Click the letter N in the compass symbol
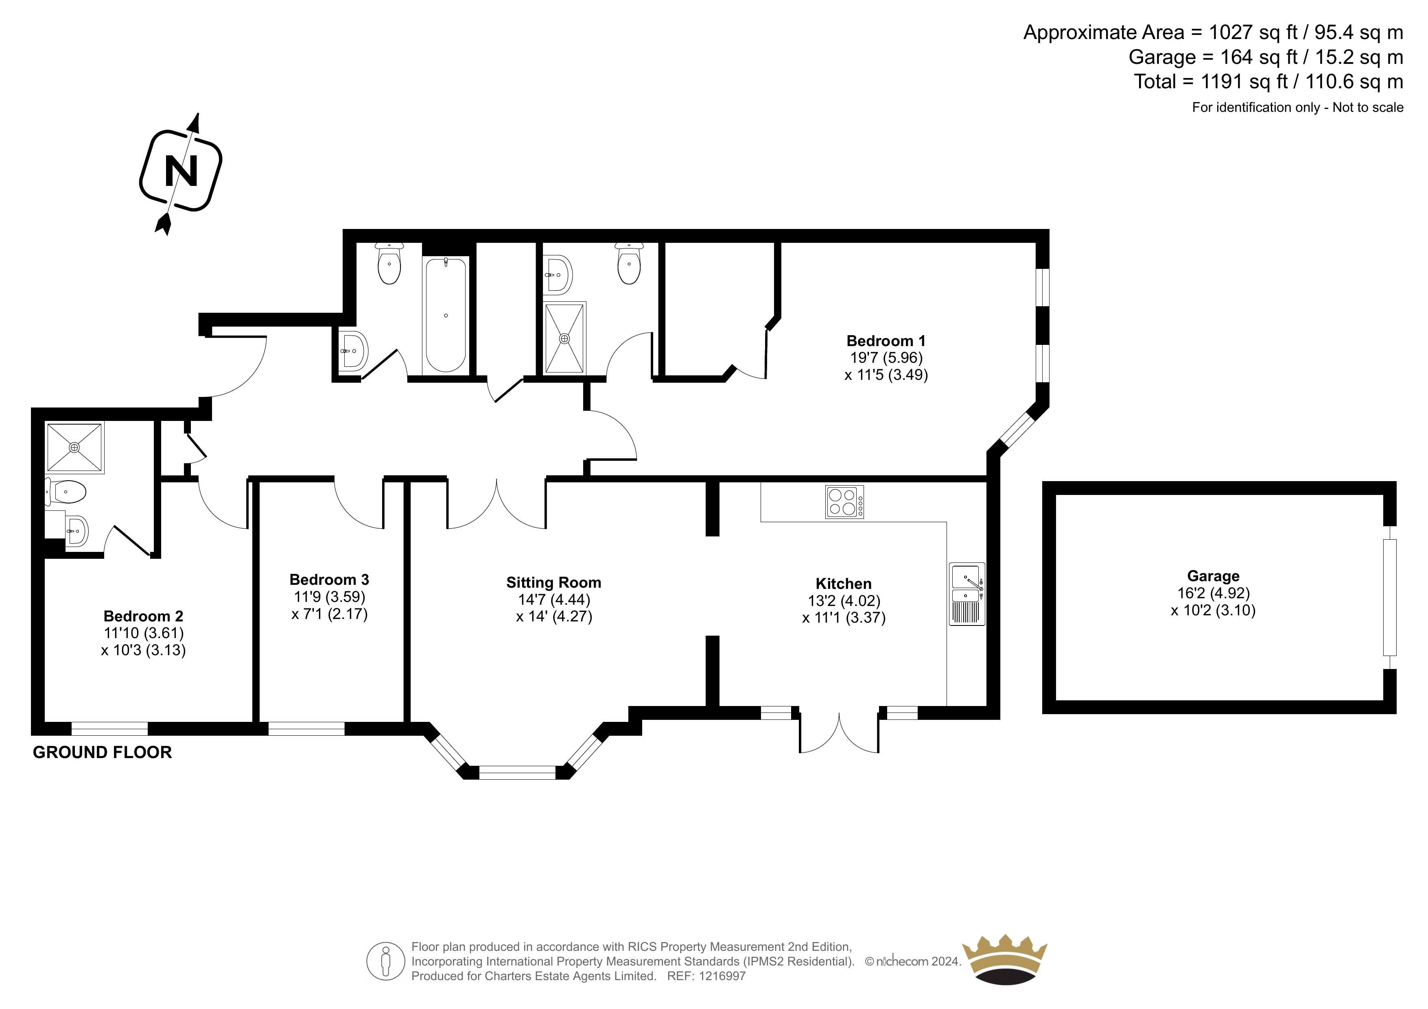181,170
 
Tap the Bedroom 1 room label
886,341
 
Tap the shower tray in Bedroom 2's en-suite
74,447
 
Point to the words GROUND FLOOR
102,752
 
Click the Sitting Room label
553,582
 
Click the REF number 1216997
722,976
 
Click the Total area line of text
1268,81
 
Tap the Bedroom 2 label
143,616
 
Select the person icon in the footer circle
386,961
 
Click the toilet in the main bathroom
389,264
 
